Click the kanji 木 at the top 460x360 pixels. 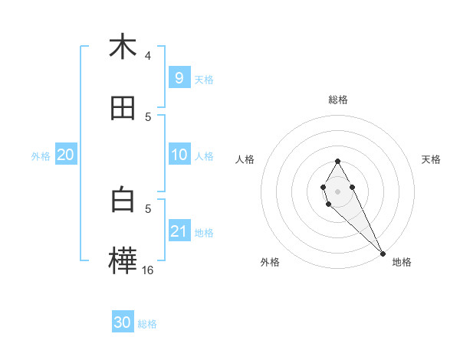(123, 47)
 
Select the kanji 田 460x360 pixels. (123, 109)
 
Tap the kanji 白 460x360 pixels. (123, 200)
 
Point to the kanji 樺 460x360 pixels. (123, 260)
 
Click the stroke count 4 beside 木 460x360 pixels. (148, 55)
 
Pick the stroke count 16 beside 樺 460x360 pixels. (148, 270)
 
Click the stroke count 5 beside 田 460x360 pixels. (148, 116)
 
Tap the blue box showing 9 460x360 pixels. (179, 77)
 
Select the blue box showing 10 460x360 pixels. (179, 155)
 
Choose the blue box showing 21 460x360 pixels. (179, 231)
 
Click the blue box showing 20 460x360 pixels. (66, 155)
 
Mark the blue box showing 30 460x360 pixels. (123, 322)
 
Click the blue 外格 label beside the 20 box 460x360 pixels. (41, 155)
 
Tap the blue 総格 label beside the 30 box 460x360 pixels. (147, 323)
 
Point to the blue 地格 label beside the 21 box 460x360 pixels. (204, 232)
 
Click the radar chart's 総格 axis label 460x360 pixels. (338, 100)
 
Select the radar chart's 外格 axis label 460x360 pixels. (270, 262)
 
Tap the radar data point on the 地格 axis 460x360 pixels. (383, 254)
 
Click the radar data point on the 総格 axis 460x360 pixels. (337, 161)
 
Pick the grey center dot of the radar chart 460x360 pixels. (337, 191)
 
